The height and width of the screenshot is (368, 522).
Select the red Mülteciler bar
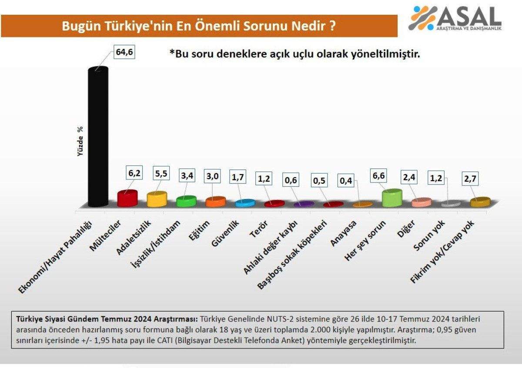[x=127, y=198]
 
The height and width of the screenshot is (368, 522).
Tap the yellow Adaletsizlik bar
[x=157, y=199]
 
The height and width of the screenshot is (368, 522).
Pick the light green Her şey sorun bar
[x=391, y=198]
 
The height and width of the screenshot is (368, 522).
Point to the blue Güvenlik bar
[x=244, y=203]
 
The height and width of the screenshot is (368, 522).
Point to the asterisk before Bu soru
[x=172, y=53]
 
